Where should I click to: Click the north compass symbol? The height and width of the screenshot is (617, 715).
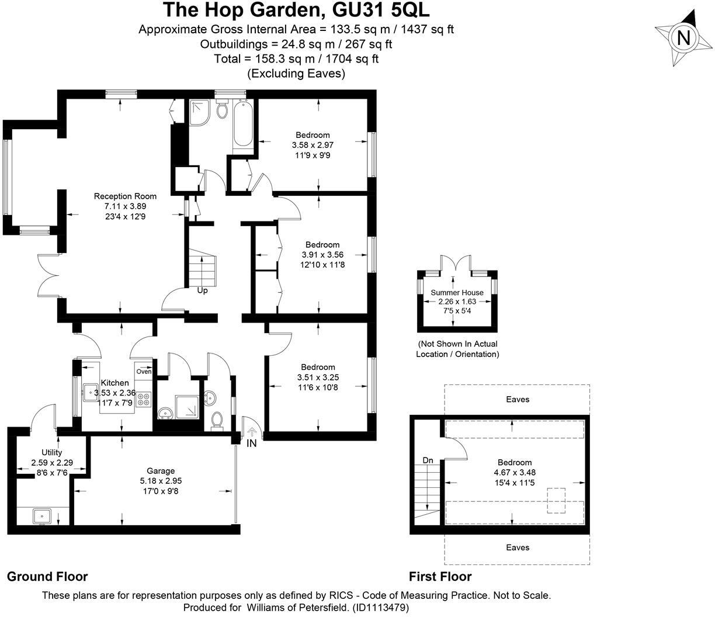tap(682, 38)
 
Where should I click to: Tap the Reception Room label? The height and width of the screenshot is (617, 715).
tap(125, 196)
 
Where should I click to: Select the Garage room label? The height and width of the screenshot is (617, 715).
tap(161, 471)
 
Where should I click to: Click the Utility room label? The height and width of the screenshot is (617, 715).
tap(51, 452)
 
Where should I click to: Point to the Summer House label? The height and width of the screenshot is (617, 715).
tap(457, 292)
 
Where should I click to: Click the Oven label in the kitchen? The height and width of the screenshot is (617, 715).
tap(144, 372)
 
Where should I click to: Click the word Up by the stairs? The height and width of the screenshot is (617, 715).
tap(202, 290)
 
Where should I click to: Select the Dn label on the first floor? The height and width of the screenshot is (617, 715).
tap(428, 460)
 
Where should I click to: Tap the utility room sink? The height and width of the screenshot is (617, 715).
tap(42, 516)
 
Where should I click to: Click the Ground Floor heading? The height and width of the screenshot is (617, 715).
tap(47, 577)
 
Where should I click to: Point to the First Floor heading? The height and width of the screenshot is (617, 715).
tap(440, 577)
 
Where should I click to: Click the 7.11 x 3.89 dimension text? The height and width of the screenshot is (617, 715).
tap(125, 206)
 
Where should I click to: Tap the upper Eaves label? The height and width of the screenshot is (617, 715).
tap(518, 400)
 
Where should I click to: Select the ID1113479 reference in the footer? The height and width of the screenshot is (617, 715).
tap(380, 608)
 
